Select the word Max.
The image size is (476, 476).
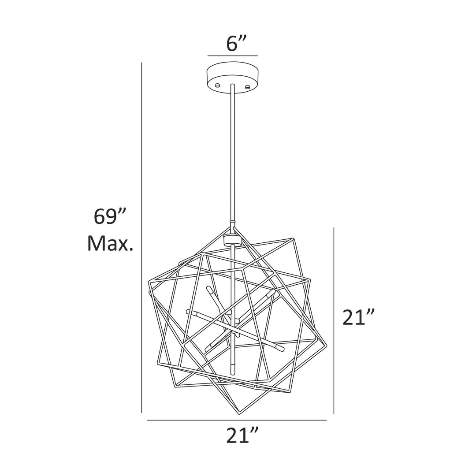(110, 243)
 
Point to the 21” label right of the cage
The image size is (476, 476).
(359, 317)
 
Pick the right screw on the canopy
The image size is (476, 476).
(248, 86)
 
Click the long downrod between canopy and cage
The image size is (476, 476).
(232, 154)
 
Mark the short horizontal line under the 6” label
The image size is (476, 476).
(232, 56)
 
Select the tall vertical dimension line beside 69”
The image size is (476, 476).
(141, 238)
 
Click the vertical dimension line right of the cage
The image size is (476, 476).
(334, 321)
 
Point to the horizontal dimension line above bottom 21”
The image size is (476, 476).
(237, 420)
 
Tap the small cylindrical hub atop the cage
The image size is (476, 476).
(232, 240)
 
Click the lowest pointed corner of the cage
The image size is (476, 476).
(238, 414)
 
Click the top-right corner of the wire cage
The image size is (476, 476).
(293, 239)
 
